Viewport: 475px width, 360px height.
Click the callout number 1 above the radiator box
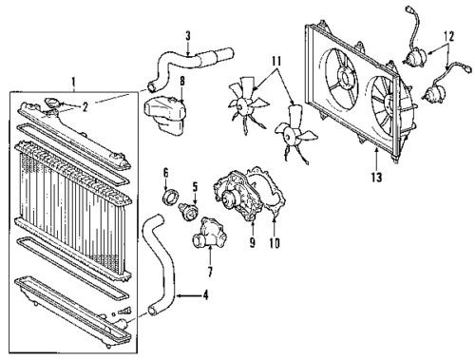pos(73,82)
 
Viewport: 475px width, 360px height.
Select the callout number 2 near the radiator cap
pos(85,107)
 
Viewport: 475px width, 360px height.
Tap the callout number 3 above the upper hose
pos(188,36)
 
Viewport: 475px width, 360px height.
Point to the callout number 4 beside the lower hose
pos(205,295)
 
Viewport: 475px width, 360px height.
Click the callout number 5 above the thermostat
pos(195,187)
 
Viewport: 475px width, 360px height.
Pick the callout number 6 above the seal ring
pos(166,173)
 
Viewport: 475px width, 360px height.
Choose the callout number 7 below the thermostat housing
pos(210,272)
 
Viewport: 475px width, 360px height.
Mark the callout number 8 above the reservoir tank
pos(182,81)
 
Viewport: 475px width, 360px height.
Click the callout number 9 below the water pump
pos(252,242)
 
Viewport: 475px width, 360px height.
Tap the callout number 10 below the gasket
pos(275,243)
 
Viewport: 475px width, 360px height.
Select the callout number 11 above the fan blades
pos(275,61)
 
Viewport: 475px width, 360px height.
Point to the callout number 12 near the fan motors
pos(449,36)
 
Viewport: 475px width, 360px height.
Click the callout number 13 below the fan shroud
pos(376,178)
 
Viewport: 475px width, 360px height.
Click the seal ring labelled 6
pos(170,197)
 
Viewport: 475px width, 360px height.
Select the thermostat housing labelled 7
pos(210,234)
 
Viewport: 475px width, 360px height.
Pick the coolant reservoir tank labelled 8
pos(166,116)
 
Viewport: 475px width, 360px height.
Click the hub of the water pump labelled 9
pos(227,199)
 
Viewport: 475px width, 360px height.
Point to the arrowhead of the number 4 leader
pos(179,296)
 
